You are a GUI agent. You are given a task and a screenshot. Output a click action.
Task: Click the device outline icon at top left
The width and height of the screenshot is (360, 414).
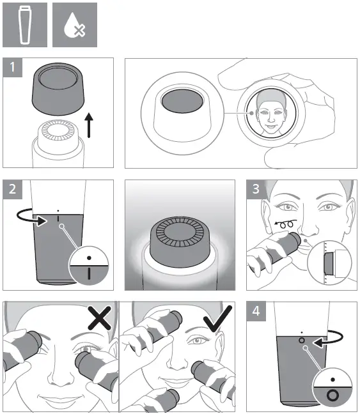[x=24, y=24]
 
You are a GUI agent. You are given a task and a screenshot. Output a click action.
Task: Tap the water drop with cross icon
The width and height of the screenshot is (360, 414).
[x=74, y=24]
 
